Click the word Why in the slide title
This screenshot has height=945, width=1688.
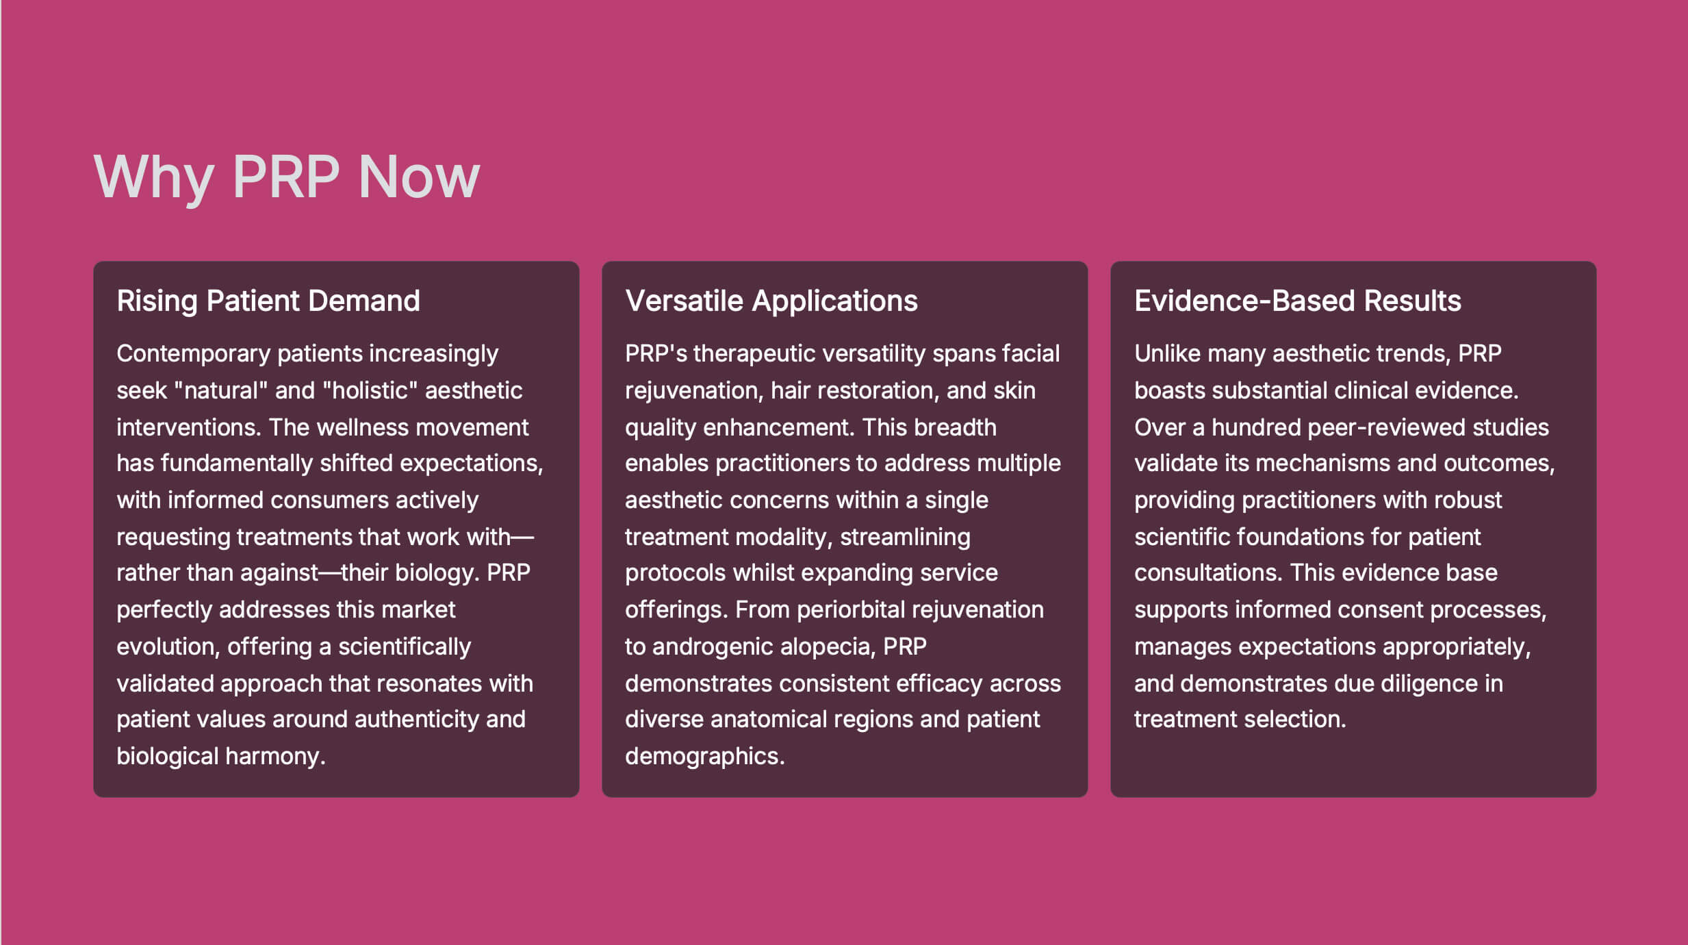(153, 177)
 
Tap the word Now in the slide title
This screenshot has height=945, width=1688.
(419, 177)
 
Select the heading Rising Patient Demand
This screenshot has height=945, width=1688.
(268, 301)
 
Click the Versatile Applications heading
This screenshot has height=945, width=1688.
(771, 301)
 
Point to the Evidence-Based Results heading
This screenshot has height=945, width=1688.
(1298, 301)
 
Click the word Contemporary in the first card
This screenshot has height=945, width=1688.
(194, 354)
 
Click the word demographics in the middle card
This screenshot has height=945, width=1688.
(705, 757)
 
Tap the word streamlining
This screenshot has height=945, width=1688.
(905, 538)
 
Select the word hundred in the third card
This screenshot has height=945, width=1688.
(1256, 427)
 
